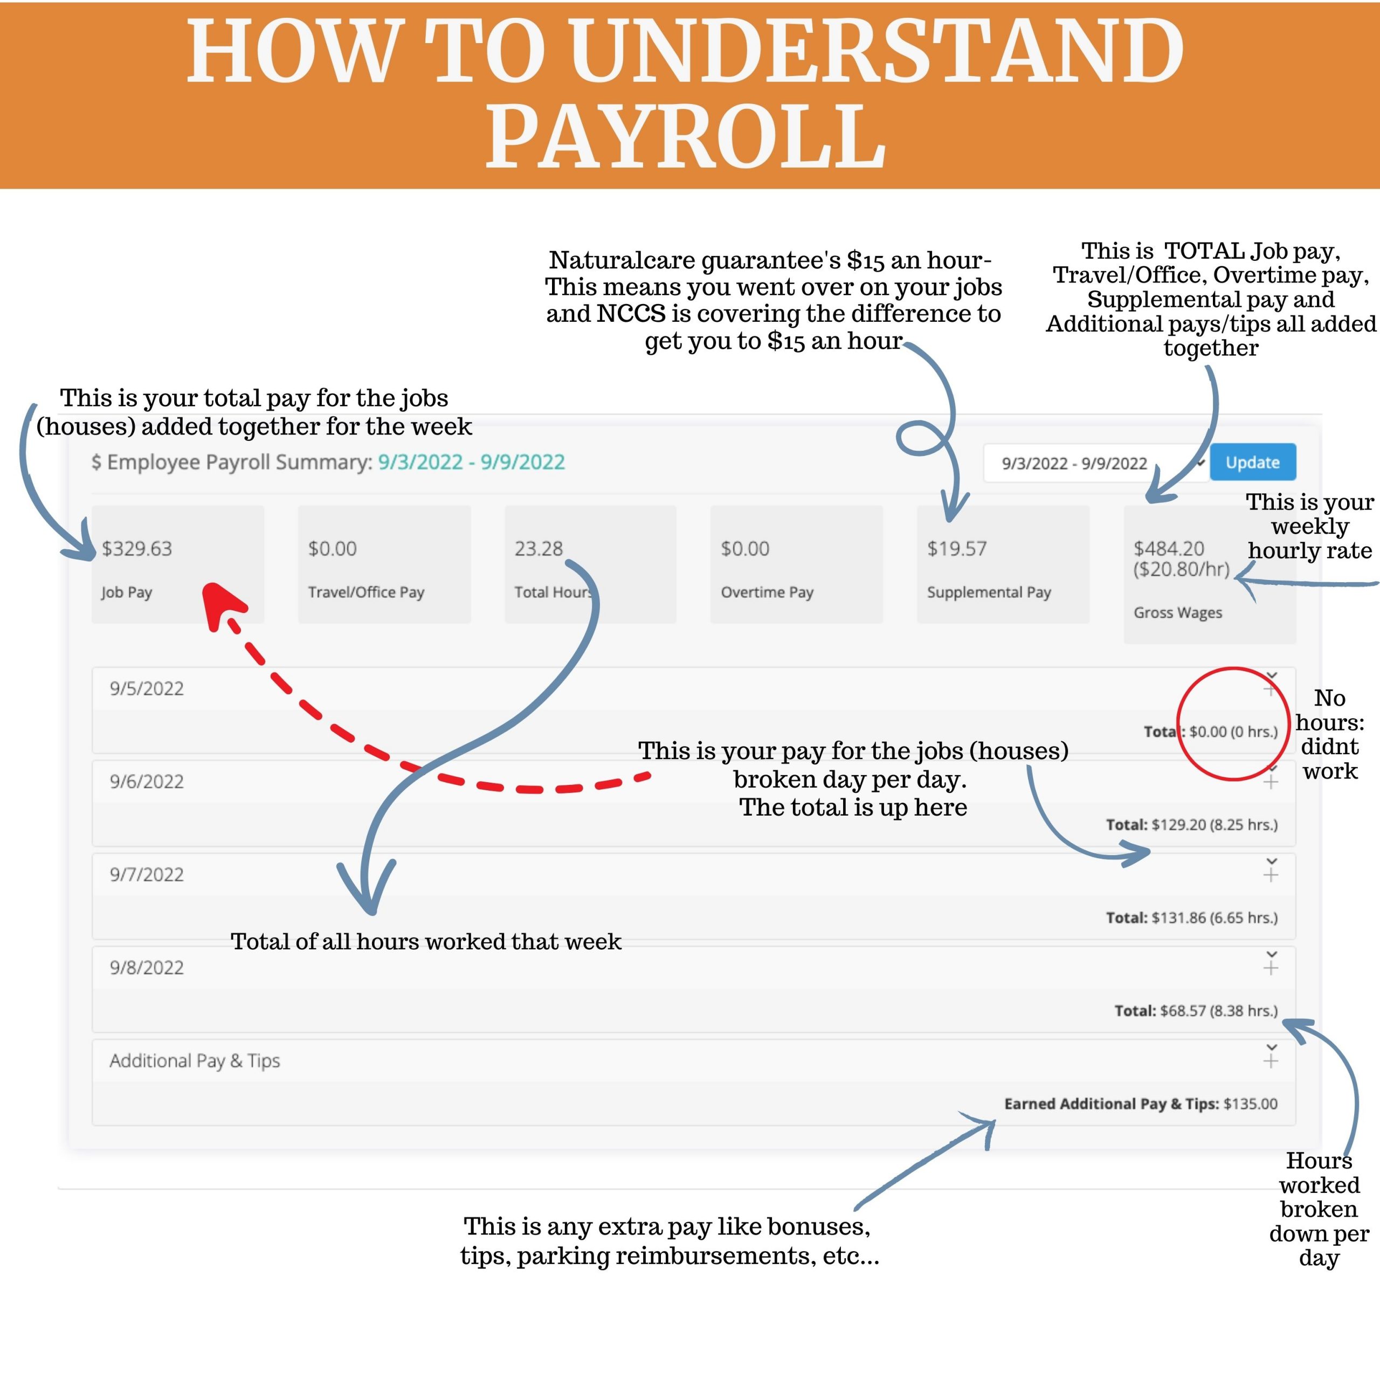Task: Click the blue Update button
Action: pos(1253,462)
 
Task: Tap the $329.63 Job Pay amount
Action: pos(137,549)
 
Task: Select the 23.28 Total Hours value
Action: pos(539,549)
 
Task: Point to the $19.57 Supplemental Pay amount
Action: pos(957,549)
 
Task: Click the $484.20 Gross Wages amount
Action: pos(1169,549)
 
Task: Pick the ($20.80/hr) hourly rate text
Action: pos(1182,569)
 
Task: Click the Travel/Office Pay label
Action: pos(365,592)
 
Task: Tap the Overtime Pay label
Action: pos(767,592)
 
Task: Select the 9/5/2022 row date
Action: pos(147,688)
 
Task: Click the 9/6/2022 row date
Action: pos(147,782)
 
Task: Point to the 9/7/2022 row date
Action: pos(147,874)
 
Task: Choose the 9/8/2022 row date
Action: pos(147,967)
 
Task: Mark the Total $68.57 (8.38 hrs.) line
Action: pos(1196,1011)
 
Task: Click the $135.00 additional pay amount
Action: pos(1251,1103)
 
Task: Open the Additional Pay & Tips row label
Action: pos(194,1061)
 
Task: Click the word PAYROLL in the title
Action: pos(686,136)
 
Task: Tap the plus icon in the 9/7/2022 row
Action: pos(1271,875)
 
